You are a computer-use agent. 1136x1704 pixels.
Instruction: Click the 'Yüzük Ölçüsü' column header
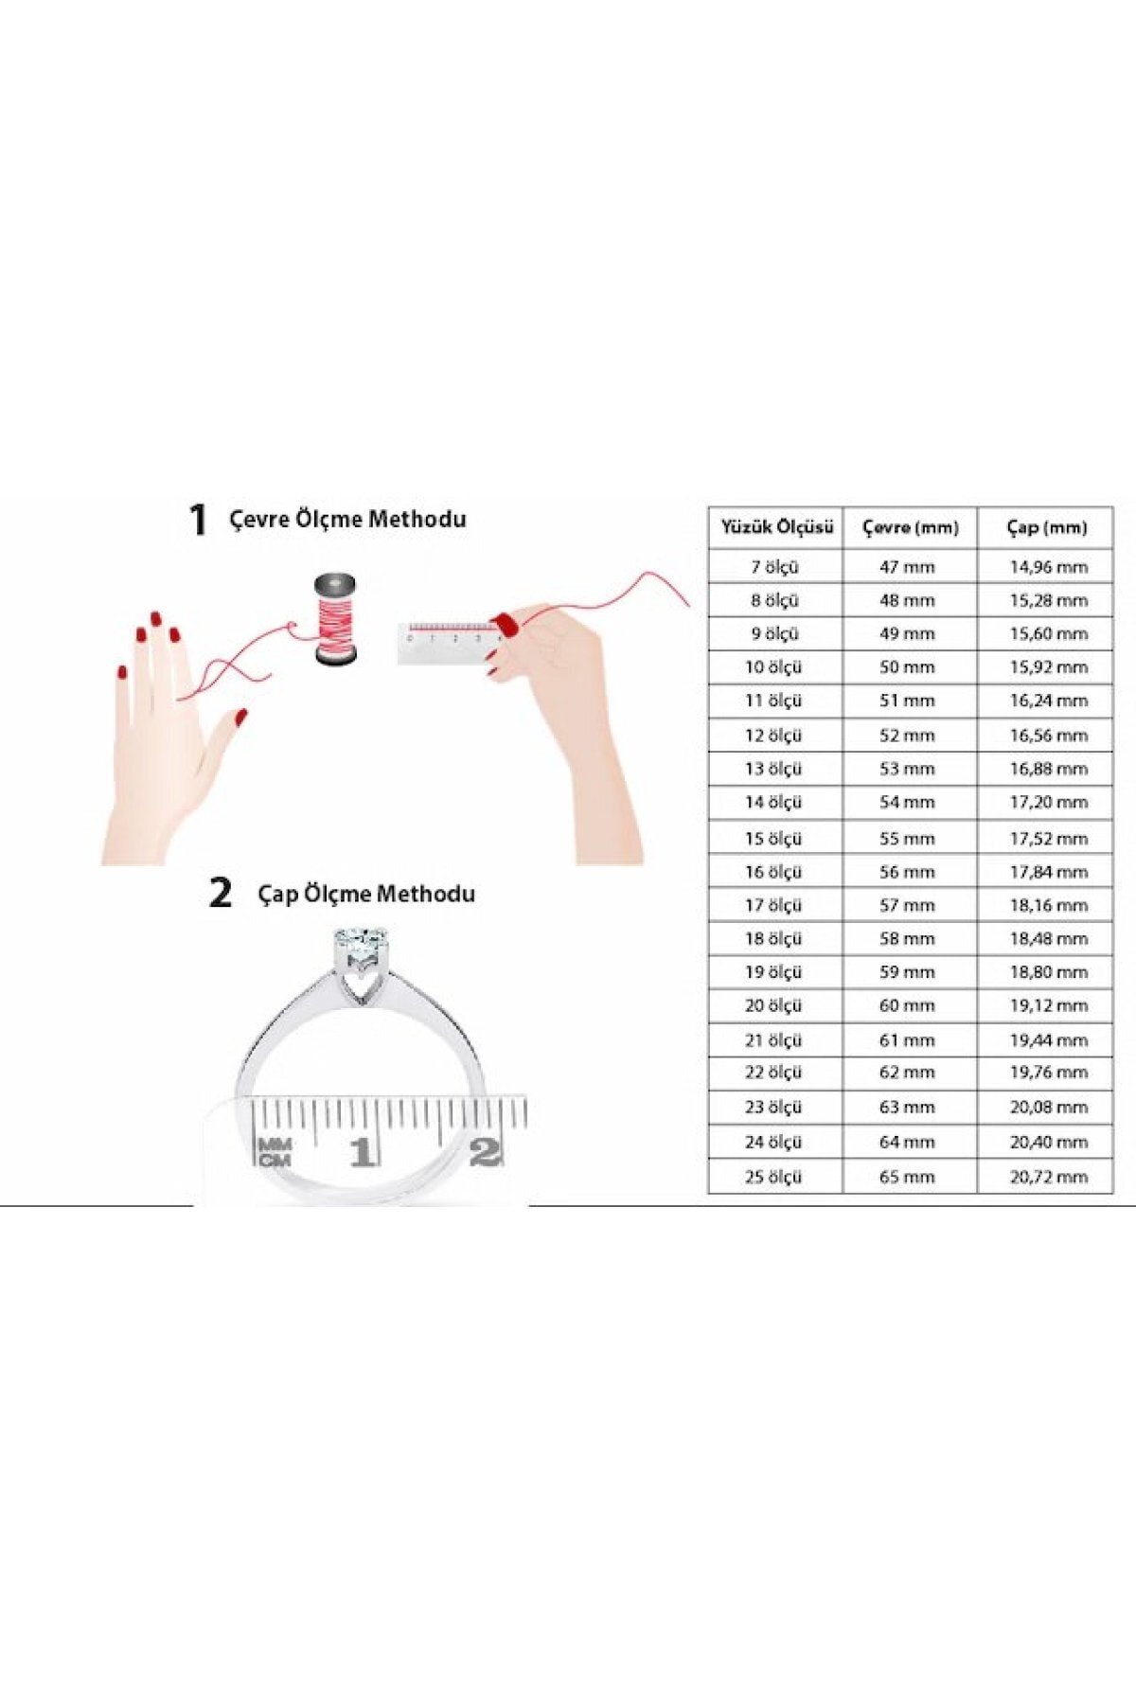pos(776,527)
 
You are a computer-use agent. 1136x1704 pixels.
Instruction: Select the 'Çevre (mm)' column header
pos(910,527)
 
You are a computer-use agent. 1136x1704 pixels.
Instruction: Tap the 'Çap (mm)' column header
pos(1046,527)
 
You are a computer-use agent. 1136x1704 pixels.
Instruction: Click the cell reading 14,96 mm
pos(1048,567)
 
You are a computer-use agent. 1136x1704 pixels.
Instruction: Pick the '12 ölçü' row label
pos(773,736)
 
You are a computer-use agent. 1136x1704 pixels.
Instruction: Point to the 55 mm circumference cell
pos(907,839)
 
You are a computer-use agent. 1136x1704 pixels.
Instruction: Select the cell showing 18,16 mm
pos(1048,906)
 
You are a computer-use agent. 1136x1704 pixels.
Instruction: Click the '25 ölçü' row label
pos(773,1177)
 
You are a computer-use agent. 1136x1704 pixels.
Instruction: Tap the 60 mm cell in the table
pos(907,1006)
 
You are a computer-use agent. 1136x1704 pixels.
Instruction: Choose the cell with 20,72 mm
pos(1048,1177)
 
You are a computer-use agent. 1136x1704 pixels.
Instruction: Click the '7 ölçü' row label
pos(774,567)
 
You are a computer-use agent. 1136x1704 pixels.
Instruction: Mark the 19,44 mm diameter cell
pos(1048,1040)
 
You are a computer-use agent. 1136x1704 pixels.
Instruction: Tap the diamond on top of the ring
pos(361,944)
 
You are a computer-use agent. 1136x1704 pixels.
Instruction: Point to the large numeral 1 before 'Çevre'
pos(197,520)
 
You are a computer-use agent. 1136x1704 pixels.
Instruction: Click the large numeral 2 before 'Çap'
pos(220,893)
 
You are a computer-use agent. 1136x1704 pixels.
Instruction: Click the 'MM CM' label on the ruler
pos(275,1152)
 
